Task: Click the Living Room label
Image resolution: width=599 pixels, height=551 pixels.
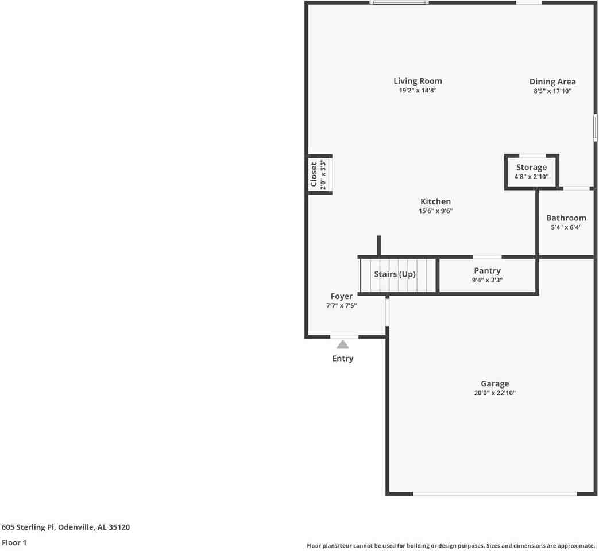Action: point(418,81)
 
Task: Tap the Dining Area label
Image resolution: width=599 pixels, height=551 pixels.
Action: point(552,82)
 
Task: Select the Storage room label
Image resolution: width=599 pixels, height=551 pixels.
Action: point(531,168)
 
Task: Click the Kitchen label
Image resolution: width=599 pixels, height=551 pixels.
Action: point(435,201)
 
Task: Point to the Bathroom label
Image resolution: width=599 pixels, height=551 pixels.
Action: point(566,218)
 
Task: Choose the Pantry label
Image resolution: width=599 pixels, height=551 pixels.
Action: point(487,271)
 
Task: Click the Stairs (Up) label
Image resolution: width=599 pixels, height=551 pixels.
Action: point(395,274)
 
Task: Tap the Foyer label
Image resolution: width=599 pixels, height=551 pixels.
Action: point(341,297)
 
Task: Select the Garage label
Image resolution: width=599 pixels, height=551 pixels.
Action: point(494,384)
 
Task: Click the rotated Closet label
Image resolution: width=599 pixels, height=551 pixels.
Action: point(314,174)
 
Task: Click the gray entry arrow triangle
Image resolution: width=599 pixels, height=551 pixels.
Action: point(342,344)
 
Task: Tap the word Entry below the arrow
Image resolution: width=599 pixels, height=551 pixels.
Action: point(342,359)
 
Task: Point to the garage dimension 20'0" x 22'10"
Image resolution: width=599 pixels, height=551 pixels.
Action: point(494,394)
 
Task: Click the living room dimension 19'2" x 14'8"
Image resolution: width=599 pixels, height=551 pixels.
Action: point(418,91)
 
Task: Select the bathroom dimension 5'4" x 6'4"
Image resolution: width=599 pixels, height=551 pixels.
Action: point(566,227)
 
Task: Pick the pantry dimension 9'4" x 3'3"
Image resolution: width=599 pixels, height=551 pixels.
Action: point(487,280)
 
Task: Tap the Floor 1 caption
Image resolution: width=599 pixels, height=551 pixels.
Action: point(14,542)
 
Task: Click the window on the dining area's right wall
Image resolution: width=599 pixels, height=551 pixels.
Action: point(595,127)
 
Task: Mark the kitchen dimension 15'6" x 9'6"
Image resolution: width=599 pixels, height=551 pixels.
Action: point(435,211)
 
